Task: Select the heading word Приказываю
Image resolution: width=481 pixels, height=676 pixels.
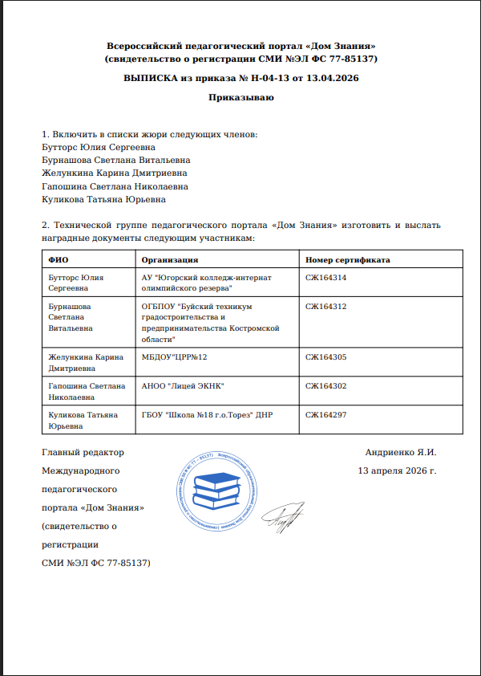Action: pyautogui.click(x=241, y=98)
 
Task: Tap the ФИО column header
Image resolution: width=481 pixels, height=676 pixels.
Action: pyautogui.click(x=58, y=260)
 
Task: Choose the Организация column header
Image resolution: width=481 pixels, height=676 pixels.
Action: pyautogui.click(x=170, y=260)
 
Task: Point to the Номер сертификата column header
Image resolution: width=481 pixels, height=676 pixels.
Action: pyautogui.click(x=348, y=260)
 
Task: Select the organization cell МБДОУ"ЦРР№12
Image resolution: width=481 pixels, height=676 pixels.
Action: pyautogui.click(x=175, y=356)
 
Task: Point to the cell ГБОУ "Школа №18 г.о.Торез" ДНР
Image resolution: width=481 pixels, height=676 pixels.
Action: pyautogui.click(x=208, y=415)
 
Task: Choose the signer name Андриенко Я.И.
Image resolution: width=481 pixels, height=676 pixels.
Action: pyautogui.click(x=400, y=453)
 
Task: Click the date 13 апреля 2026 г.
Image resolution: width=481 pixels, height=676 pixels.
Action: pyautogui.click(x=398, y=470)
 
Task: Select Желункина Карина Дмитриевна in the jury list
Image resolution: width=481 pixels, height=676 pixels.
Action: pyautogui.click(x=114, y=173)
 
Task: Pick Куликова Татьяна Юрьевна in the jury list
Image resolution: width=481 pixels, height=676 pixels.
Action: pyautogui.click(x=103, y=199)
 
